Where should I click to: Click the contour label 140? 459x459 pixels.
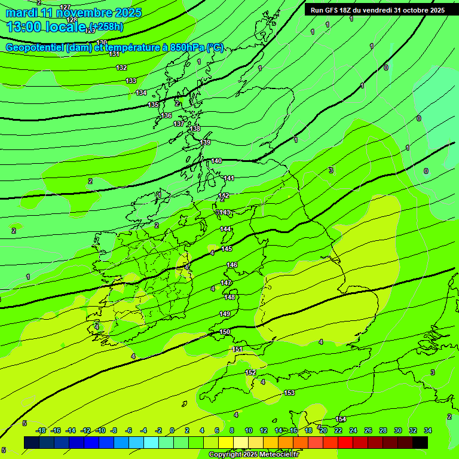pos(216,161)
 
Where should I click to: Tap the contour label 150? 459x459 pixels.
pos(225,332)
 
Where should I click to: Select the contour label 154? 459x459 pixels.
pos(341,419)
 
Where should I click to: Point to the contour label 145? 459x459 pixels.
pos(227,249)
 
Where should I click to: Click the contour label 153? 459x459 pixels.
pos(289,393)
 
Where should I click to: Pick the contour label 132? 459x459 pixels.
pos(122,68)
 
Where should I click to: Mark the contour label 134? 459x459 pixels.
pos(141,93)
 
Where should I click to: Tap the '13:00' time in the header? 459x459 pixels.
pos(23,26)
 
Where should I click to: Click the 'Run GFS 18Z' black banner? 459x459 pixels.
pos(377,10)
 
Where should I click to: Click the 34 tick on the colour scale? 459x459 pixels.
pos(428,430)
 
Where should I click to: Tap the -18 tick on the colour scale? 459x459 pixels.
pos(41,430)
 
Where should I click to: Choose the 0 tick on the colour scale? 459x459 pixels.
pos(172,430)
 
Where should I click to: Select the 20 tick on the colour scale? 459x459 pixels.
pos(323,430)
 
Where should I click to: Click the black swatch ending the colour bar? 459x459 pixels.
pos(420,442)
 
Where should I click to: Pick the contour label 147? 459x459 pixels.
pos(227,283)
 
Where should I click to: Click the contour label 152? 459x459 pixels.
pos(250,372)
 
